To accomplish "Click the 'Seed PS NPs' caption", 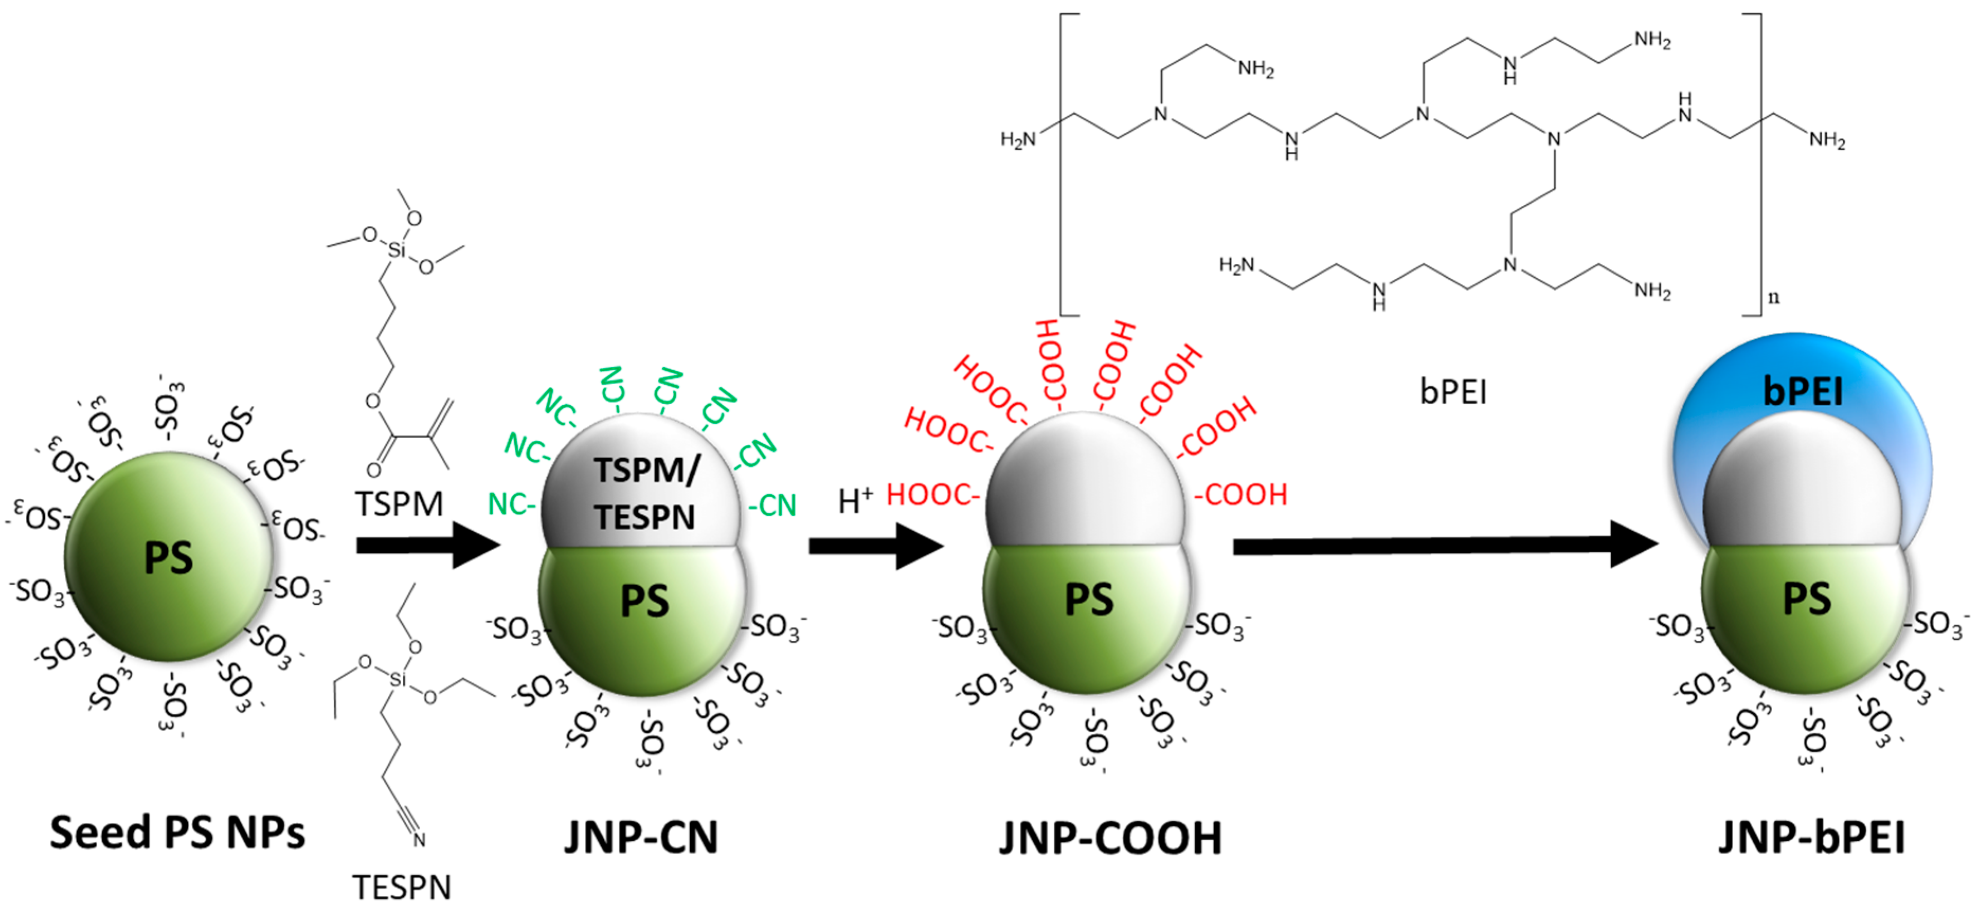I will [x=177, y=833].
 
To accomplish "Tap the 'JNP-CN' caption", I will [x=641, y=838].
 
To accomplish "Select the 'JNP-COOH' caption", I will [x=1110, y=838].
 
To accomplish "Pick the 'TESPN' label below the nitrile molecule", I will [x=402, y=888].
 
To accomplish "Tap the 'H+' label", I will [x=855, y=502].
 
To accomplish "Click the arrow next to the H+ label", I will [x=876, y=546].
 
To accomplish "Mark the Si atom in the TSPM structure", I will [x=396, y=250].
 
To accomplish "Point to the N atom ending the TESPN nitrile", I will [x=419, y=840].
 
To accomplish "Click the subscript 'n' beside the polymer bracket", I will [x=1773, y=297].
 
